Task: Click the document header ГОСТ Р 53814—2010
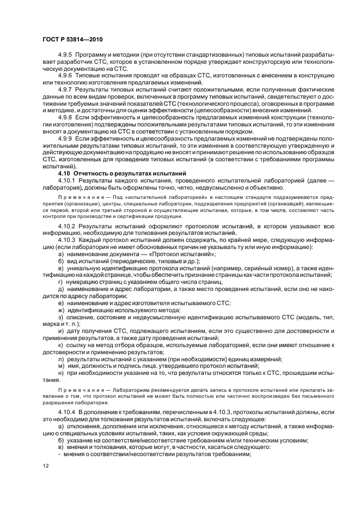click(72, 40)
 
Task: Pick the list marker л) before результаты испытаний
click(60, 359)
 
